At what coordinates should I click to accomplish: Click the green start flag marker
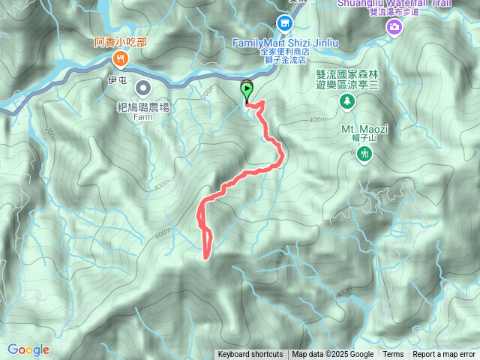247,90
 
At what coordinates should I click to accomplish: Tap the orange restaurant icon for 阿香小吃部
119,58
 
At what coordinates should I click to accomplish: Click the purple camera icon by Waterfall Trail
394,28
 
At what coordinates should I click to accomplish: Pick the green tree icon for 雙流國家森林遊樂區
346,101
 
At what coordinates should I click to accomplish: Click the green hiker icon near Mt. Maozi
365,154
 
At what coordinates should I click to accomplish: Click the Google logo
28,349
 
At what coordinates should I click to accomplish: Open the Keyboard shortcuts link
250,355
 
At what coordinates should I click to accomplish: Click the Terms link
393,355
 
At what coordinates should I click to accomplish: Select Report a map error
444,355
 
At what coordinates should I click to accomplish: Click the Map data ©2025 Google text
332,355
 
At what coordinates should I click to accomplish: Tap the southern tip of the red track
205,256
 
